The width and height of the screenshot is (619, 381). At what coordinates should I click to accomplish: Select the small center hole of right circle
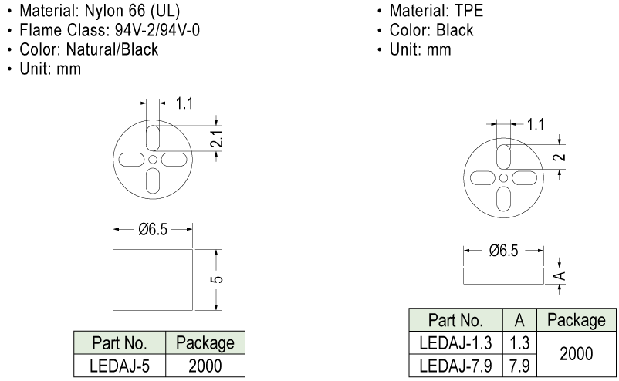click(x=503, y=177)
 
